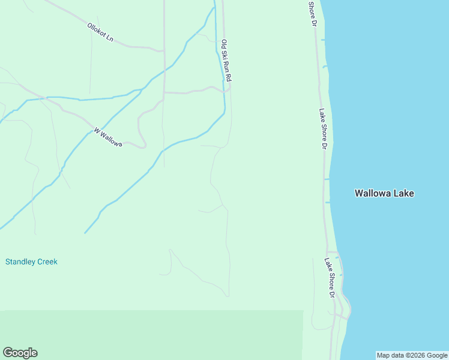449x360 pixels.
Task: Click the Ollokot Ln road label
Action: tap(100, 32)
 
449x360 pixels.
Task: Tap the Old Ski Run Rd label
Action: tap(226, 61)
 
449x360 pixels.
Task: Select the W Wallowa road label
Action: tap(108, 137)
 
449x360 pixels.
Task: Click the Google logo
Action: tap(20, 353)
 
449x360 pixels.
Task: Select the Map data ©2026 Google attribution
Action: tap(412, 355)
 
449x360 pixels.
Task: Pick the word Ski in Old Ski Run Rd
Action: tap(225, 54)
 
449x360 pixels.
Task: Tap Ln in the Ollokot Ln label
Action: tap(110, 38)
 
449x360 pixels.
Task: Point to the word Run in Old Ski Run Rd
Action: tap(227, 65)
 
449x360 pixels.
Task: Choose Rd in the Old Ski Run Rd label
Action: tap(228, 77)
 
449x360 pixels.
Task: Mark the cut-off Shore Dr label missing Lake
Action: tap(312, 13)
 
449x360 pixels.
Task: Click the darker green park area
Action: tap(150, 334)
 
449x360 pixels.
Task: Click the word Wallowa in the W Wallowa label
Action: tap(111, 139)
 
